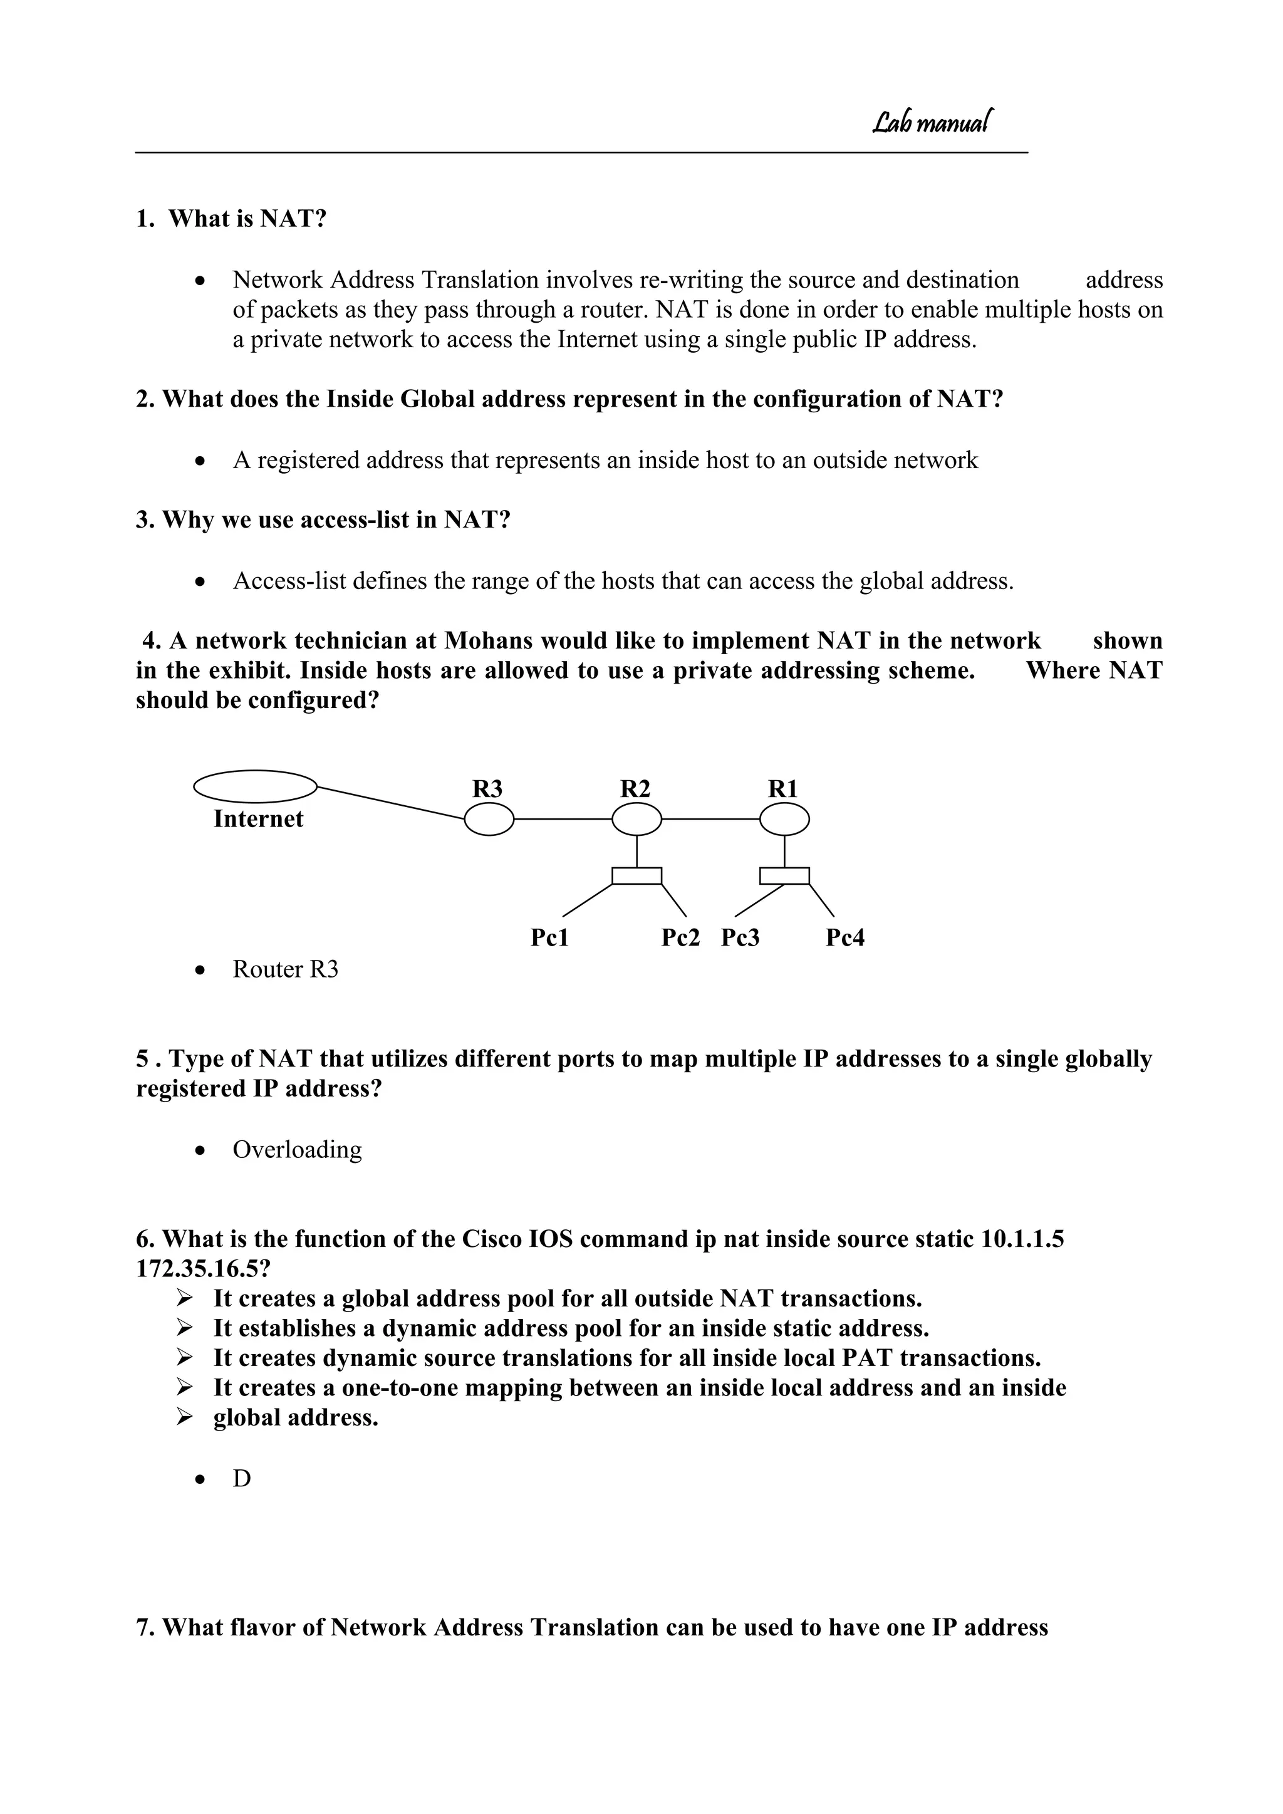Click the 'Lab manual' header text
point(932,122)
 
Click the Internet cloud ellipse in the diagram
point(255,786)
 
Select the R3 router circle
point(489,820)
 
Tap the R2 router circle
point(636,820)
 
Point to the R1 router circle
point(784,820)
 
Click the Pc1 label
point(550,938)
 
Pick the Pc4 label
point(844,938)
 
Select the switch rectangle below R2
point(636,875)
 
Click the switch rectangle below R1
point(784,875)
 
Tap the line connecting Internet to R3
point(391,803)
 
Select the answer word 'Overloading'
point(297,1150)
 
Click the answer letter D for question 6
point(242,1478)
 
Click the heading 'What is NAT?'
point(247,219)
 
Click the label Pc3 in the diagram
point(740,938)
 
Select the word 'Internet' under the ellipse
point(258,820)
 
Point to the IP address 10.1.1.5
point(1022,1239)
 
